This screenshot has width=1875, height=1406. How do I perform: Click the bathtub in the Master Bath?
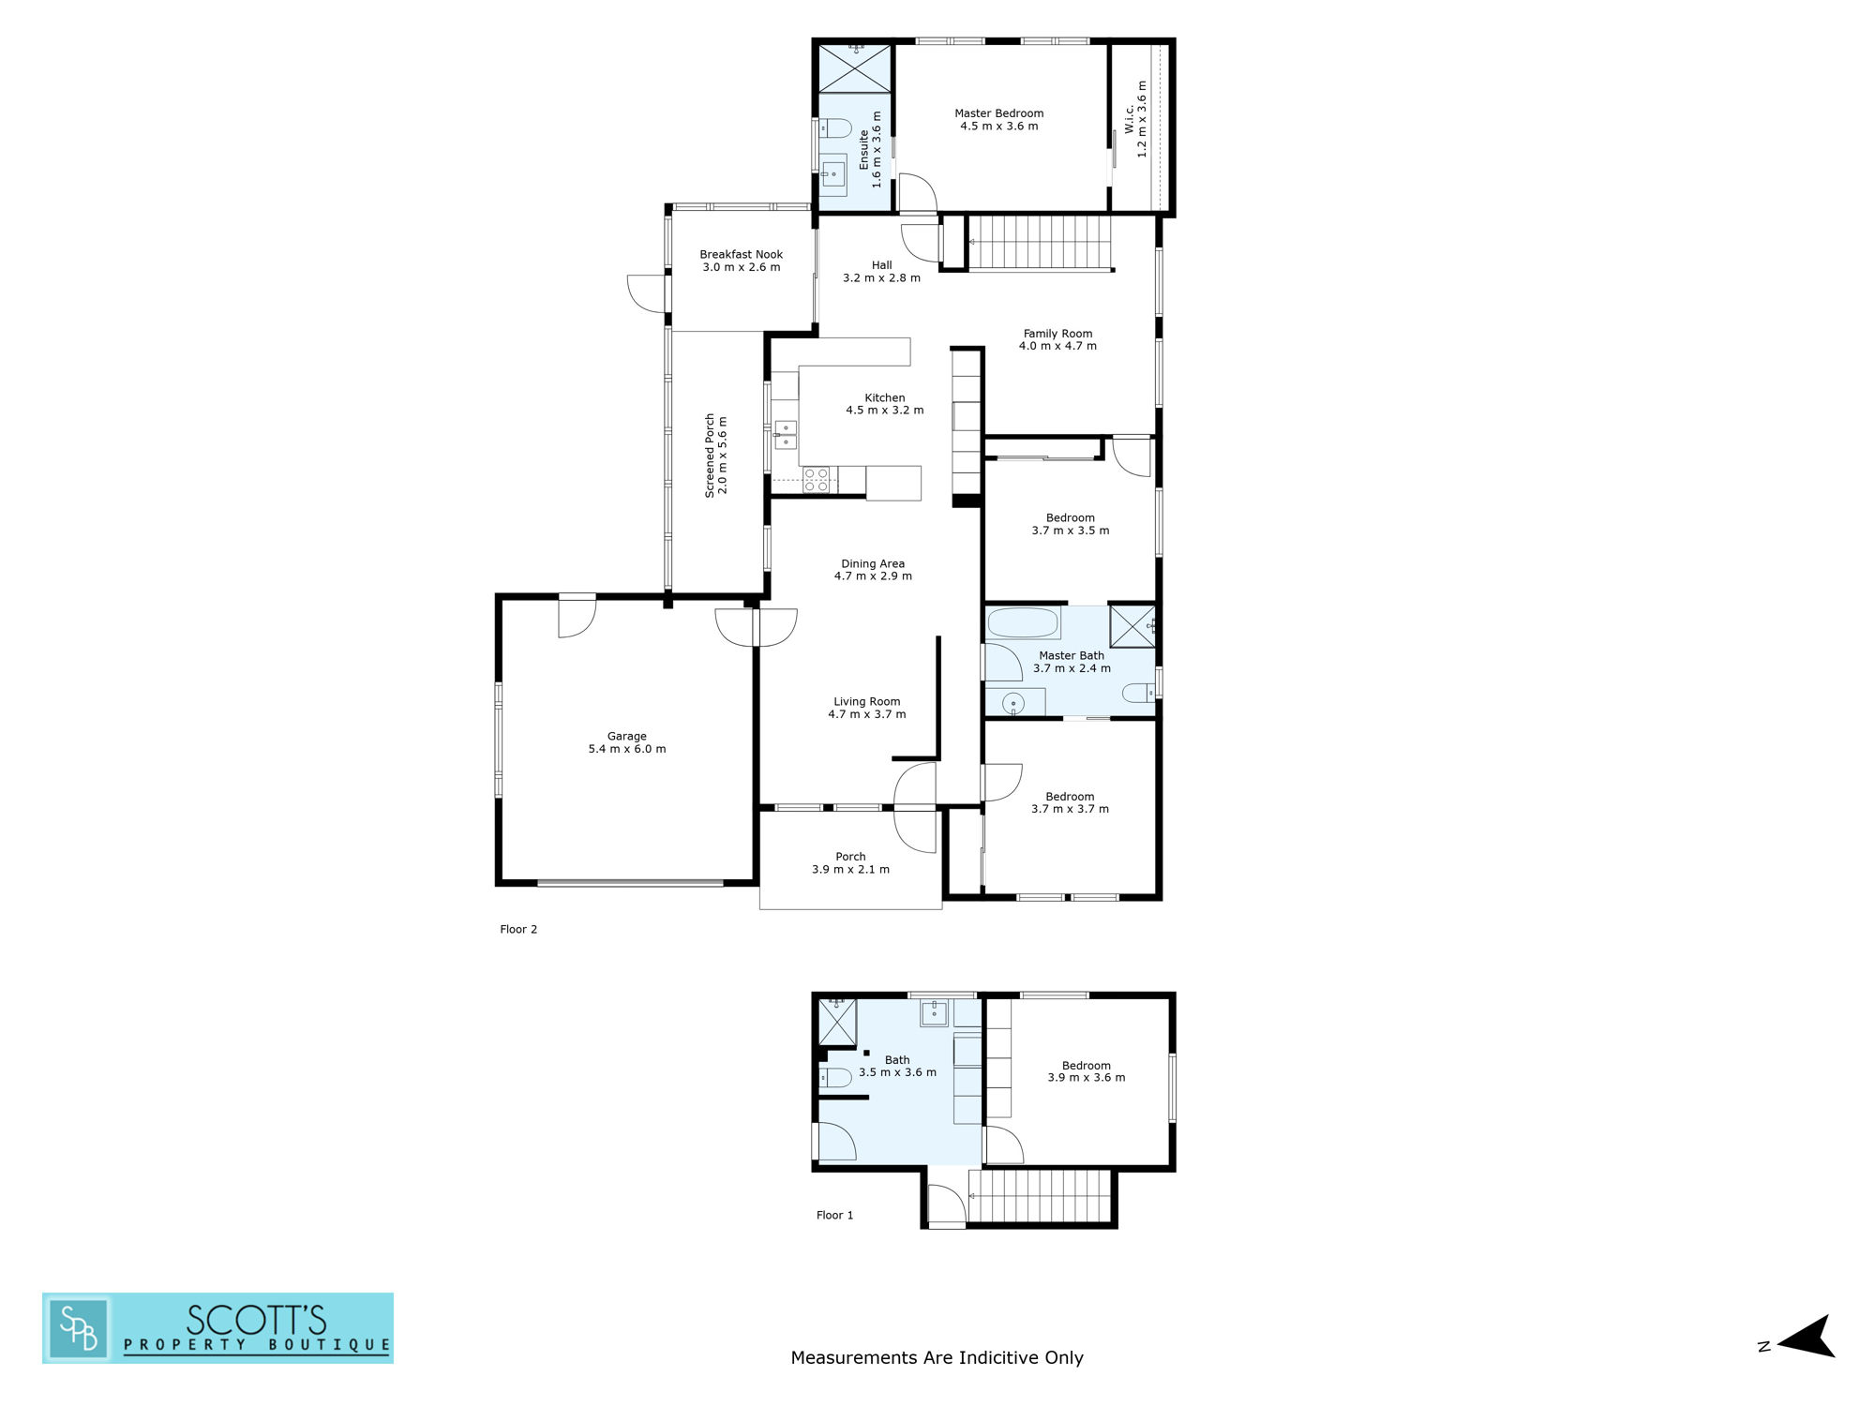click(x=1023, y=623)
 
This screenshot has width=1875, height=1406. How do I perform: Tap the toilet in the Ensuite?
click(x=834, y=128)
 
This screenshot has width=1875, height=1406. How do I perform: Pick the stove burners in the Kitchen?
click(x=816, y=480)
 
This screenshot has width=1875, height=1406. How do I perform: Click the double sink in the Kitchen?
click(x=786, y=435)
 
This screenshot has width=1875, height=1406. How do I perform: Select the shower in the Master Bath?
click(x=1132, y=626)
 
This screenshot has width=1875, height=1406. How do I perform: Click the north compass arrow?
click(x=1806, y=1337)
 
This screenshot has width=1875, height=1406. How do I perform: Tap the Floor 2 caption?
click(x=518, y=929)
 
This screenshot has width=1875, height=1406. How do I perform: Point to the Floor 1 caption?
click(x=834, y=1215)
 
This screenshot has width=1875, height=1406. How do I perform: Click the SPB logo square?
click(x=79, y=1328)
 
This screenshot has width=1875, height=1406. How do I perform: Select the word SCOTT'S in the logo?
click(x=256, y=1320)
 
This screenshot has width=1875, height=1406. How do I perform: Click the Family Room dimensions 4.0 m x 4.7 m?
click(x=1057, y=346)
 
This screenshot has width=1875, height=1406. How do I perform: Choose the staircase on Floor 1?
click(x=1040, y=1196)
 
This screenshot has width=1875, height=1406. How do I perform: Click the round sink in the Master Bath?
click(x=1013, y=702)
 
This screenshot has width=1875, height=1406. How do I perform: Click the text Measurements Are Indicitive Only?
click(x=937, y=1357)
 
